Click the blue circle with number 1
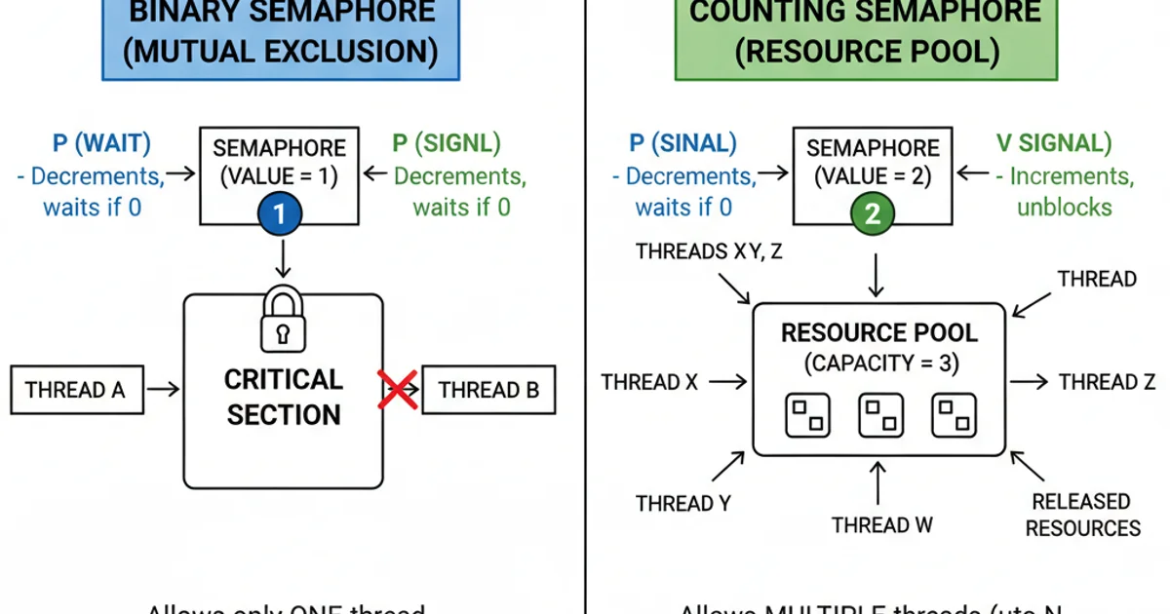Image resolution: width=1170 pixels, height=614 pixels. (279, 214)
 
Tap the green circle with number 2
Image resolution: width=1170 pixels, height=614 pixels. (872, 214)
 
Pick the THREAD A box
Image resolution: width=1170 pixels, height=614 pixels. (76, 390)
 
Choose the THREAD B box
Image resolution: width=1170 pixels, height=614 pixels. (488, 390)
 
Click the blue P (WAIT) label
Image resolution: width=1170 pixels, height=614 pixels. (101, 144)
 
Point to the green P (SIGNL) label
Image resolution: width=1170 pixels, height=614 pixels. (446, 144)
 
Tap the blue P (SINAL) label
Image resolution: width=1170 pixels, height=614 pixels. (682, 144)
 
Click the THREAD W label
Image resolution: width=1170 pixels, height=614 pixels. (882, 524)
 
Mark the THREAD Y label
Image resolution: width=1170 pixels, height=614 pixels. (683, 504)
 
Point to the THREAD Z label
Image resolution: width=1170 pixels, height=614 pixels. (1107, 382)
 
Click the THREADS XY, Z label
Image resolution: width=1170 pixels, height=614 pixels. (709, 251)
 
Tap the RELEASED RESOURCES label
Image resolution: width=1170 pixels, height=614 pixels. (1082, 515)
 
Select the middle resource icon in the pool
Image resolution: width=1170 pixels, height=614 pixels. (880, 415)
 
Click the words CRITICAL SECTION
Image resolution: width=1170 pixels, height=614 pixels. (283, 397)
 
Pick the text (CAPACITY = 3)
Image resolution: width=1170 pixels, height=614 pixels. (880, 365)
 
